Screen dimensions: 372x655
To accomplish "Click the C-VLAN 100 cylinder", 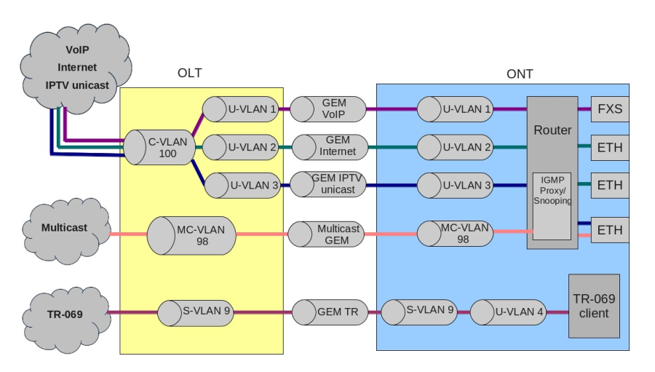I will pyautogui.click(x=159, y=146).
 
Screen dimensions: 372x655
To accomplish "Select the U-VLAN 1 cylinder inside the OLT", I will pyautogui.click(x=241, y=110).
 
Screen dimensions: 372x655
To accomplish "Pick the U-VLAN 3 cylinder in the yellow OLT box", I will pyautogui.click(x=242, y=185).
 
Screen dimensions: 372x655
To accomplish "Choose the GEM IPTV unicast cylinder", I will pyautogui.click(x=327, y=184).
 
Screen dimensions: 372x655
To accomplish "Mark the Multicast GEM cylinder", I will pyautogui.click(x=327, y=234).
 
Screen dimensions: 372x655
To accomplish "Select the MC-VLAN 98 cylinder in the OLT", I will pyautogui.click(x=193, y=234).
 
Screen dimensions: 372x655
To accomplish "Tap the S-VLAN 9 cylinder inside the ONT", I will pyautogui.click(x=419, y=311).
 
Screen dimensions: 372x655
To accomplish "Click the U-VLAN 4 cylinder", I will pyautogui.click(x=509, y=312).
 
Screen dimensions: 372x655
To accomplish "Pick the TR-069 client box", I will pyautogui.click(x=594, y=306).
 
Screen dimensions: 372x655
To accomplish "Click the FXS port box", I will pyautogui.click(x=609, y=110).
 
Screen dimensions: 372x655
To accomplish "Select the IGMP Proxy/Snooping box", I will pyautogui.click(x=551, y=206).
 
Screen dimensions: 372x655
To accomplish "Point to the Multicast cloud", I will pyautogui.click(x=63, y=229).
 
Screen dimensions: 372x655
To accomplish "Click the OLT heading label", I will pyautogui.click(x=189, y=74).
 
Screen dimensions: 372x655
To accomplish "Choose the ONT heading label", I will pyautogui.click(x=520, y=74).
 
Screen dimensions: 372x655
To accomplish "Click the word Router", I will pyautogui.click(x=552, y=131).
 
